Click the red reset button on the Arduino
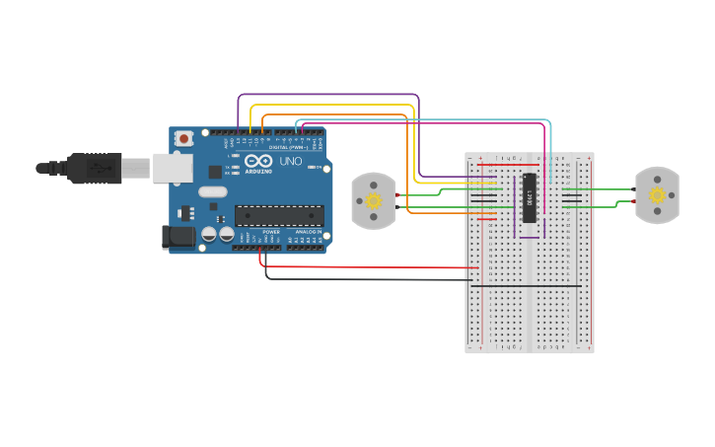click(x=183, y=140)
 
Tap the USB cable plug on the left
click(x=95, y=169)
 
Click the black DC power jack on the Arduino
click(x=175, y=236)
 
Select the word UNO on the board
click(x=291, y=161)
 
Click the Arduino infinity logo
click(x=258, y=161)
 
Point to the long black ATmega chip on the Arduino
click(x=278, y=214)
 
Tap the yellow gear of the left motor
click(x=374, y=200)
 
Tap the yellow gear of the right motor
click(x=658, y=195)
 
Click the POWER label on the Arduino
click(x=270, y=232)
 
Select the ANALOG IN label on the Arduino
click(x=306, y=232)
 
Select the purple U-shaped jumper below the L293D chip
click(x=530, y=237)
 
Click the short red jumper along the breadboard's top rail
click(x=508, y=165)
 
